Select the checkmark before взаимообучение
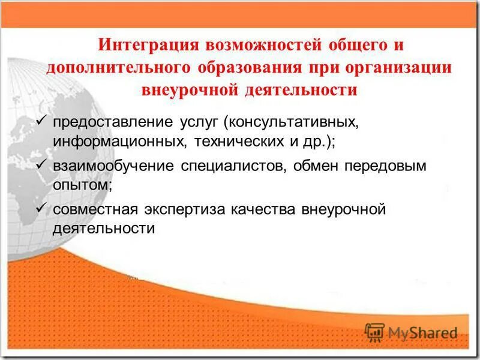(41, 164)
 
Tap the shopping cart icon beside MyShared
(374, 332)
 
